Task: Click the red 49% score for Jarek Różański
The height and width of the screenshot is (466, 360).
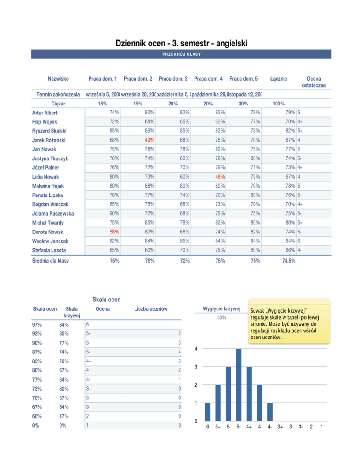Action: pos(149,139)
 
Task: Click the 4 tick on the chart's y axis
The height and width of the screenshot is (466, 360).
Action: pos(196,348)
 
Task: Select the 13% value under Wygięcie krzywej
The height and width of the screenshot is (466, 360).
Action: pos(221,317)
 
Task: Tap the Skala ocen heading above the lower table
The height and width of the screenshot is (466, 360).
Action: pos(106,299)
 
